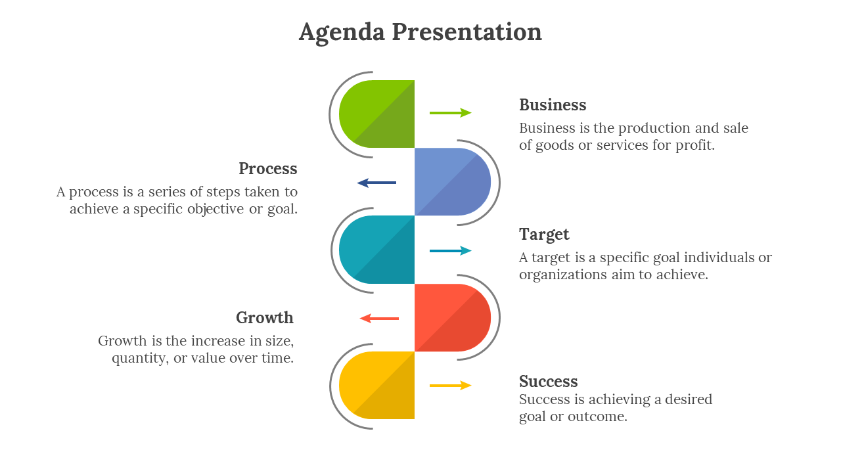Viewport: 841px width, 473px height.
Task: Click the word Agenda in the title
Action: [x=342, y=32]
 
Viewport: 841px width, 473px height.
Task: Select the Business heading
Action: [x=553, y=105]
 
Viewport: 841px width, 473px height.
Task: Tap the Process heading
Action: [x=268, y=169]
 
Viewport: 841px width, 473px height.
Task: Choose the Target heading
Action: [x=544, y=235]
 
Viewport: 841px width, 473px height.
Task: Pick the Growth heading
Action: [x=265, y=318]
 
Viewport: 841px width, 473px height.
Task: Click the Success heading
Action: [x=549, y=382]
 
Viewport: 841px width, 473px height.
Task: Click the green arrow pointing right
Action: [x=451, y=113]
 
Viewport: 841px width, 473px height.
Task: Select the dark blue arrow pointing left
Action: [x=376, y=183]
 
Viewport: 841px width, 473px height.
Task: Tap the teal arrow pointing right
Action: [x=451, y=250]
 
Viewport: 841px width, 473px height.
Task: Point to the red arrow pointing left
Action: [x=379, y=319]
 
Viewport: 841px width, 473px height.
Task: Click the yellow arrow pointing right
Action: [x=451, y=386]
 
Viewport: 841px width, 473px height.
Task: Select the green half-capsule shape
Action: [x=378, y=114]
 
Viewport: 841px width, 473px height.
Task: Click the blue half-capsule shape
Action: [x=452, y=182]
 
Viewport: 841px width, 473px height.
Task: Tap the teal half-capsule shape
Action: [x=378, y=250]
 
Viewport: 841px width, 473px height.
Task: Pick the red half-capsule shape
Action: [x=452, y=318]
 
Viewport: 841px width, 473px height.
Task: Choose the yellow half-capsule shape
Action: [x=378, y=386]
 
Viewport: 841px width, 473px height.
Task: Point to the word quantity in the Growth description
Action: [x=140, y=359]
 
